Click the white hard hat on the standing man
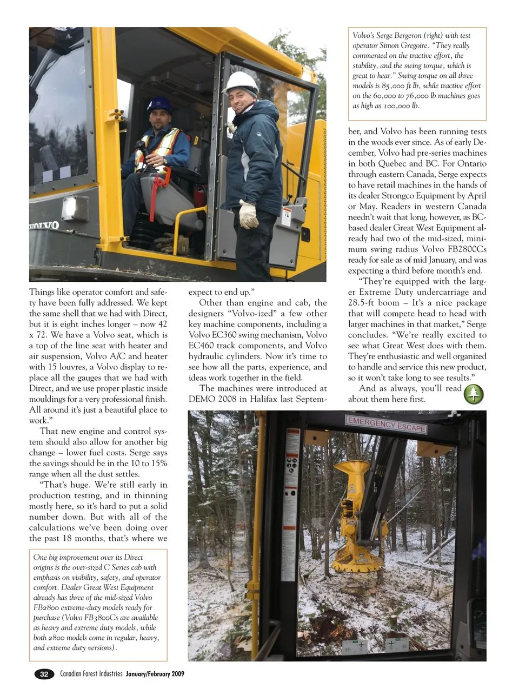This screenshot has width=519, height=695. point(242,82)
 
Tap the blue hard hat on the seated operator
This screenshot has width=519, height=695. point(160,104)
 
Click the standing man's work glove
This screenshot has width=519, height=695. point(248,214)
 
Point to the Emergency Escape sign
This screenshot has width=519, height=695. point(386,425)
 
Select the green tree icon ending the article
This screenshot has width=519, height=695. point(474,394)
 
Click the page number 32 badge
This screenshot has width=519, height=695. point(44,674)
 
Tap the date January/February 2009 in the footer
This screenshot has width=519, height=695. point(155,674)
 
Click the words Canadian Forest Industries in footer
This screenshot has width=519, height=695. point(91,674)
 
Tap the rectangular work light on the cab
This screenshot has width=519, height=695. point(75,208)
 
